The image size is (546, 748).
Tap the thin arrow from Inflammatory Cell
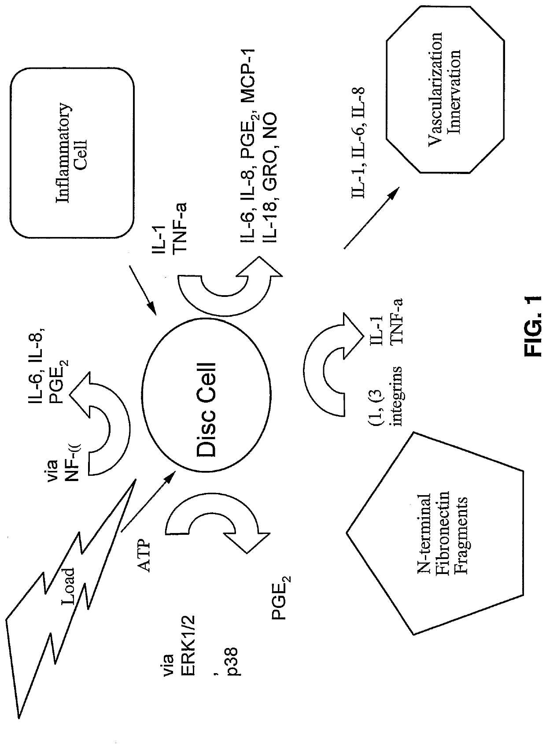(143, 291)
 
